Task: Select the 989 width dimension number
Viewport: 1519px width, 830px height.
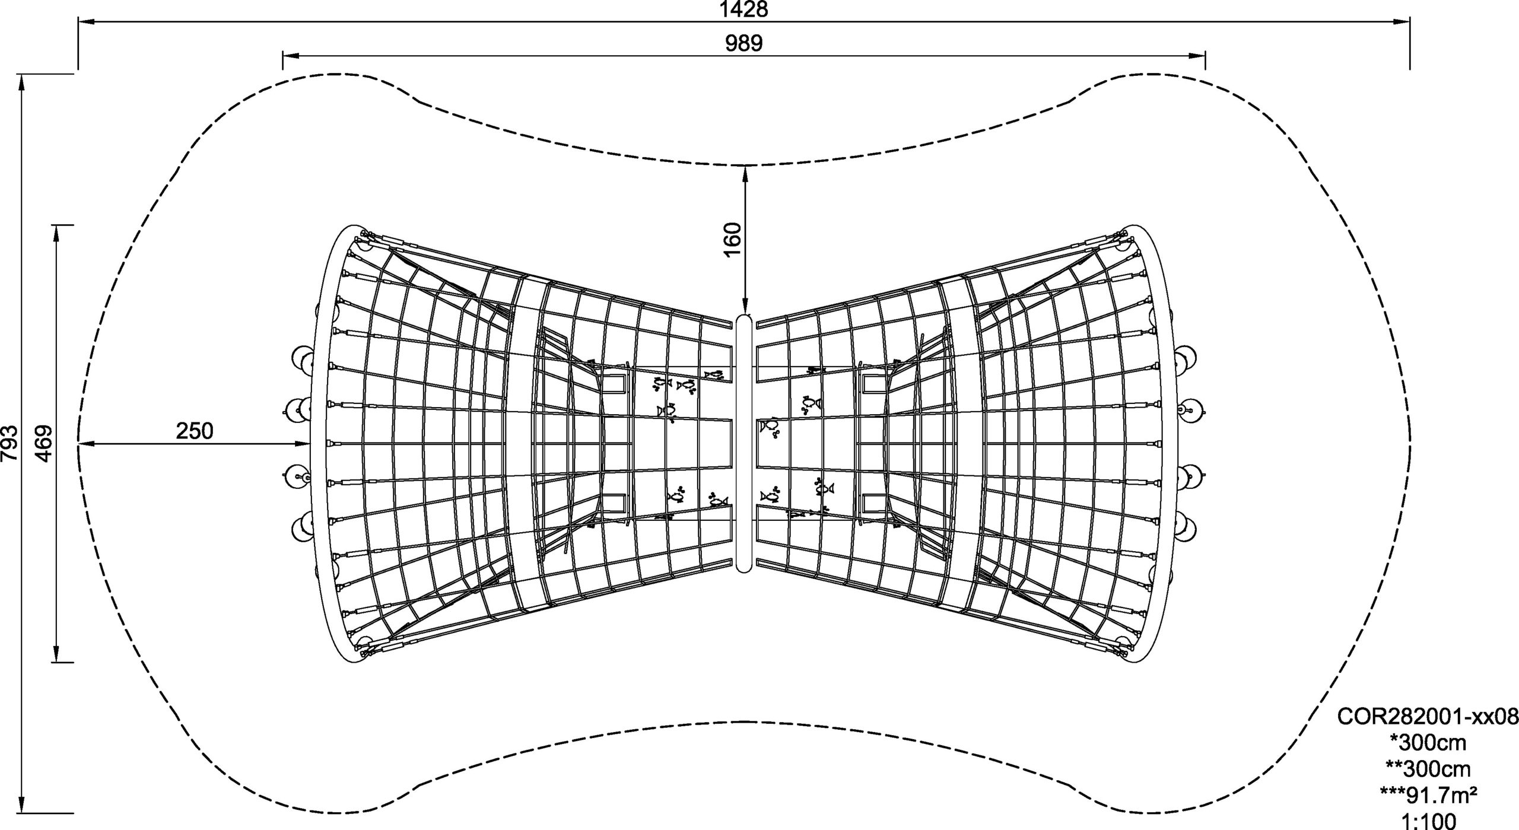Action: coord(743,43)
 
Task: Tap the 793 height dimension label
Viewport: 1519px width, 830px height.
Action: coord(10,443)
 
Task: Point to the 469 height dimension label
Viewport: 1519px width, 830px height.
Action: coord(44,443)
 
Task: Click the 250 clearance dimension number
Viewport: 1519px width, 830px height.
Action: coord(194,431)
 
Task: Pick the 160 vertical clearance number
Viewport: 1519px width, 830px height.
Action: coord(733,239)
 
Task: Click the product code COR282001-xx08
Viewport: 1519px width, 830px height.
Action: coord(1427,733)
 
